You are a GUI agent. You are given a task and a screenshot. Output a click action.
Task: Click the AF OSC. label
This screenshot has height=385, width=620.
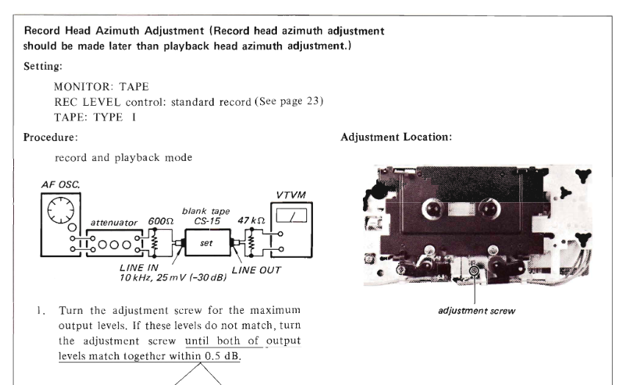coord(60,184)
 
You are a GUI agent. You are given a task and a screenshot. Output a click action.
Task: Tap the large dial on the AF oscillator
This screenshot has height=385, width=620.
coord(60,211)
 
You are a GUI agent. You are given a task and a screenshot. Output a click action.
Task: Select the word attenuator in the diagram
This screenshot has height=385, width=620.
coord(114,223)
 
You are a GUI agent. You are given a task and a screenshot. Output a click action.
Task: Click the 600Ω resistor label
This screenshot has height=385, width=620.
coord(161,221)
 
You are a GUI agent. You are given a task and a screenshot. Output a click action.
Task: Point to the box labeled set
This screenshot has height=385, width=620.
coord(208,242)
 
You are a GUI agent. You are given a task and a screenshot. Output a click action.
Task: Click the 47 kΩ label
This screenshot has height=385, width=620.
coord(251,220)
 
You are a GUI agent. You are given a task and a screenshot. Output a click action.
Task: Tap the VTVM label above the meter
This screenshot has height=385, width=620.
coord(291,195)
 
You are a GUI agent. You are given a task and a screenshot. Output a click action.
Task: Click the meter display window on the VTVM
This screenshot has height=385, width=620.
coord(292,216)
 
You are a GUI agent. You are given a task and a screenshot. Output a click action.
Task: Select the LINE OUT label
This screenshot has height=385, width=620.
coord(256,270)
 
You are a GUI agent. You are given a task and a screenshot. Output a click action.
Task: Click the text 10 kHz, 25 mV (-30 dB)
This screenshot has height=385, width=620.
coord(173,278)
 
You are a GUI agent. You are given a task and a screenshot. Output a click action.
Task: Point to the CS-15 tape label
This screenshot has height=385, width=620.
coord(207,221)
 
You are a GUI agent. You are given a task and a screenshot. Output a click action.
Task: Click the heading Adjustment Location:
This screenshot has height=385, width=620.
coord(396,137)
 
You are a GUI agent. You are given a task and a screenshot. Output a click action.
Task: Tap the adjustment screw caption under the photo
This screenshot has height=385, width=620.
coord(477,311)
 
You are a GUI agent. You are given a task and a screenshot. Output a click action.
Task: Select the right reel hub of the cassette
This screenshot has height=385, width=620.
coord(490,209)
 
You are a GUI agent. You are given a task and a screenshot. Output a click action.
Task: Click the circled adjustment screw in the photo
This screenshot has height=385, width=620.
coord(474,270)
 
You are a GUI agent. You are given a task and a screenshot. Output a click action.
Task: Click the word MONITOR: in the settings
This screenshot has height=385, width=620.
coord(83,87)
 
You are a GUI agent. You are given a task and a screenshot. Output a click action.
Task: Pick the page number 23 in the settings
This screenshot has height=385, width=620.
coord(312,101)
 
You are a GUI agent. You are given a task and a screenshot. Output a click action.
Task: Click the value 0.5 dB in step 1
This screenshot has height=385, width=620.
coord(223,356)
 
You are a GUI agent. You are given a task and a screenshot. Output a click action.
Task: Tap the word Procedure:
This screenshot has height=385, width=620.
coord(51,137)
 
